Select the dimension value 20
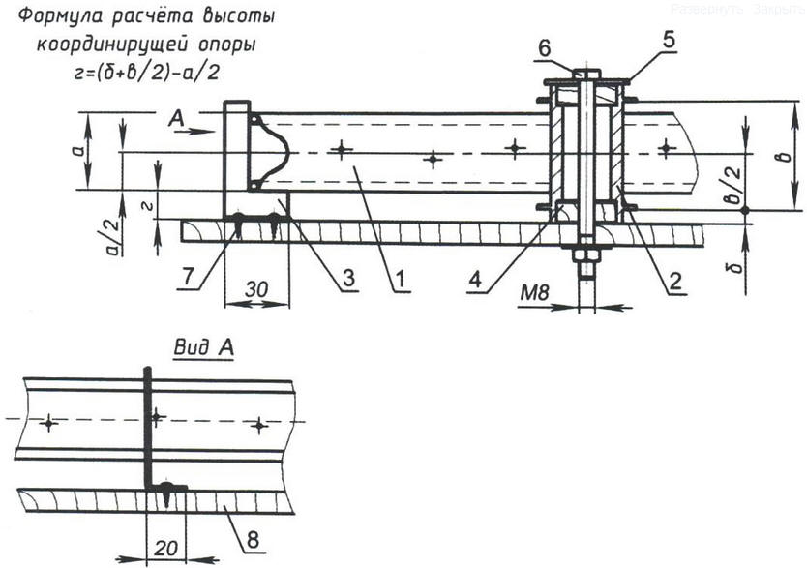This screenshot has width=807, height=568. [x=164, y=546]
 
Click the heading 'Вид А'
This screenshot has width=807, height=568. [x=202, y=346]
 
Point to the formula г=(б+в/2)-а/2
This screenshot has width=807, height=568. [x=146, y=70]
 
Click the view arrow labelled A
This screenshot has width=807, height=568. [x=187, y=123]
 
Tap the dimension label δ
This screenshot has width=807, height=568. [x=739, y=259]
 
